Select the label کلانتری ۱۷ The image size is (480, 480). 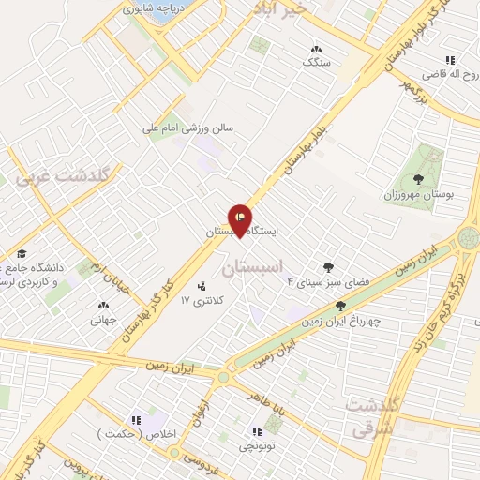(x=197, y=302)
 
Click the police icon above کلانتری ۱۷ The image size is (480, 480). (x=201, y=285)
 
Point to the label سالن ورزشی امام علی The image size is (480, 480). (x=188, y=127)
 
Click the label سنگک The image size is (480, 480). (x=316, y=62)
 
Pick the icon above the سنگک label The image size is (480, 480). (x=316, y=48)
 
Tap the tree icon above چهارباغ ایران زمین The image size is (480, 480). (x=340, y=305)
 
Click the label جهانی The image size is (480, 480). (x=102, y=319)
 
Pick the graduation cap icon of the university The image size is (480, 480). (x=21, y=253)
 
